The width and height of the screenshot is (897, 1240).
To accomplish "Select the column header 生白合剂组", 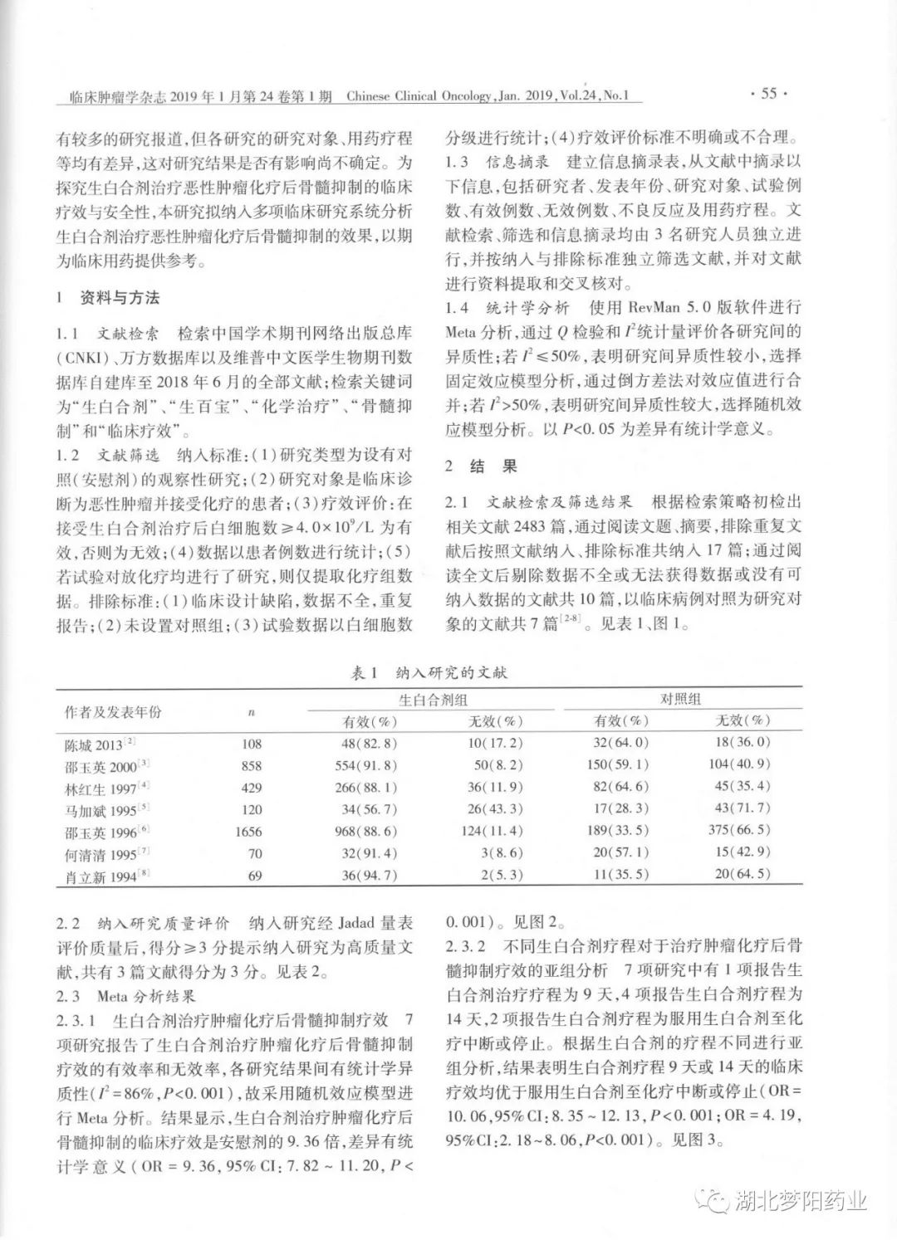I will click(432, 700).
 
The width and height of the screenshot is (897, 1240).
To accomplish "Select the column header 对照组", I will click(680, 700).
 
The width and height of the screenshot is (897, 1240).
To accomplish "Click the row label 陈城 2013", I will click(94, 744).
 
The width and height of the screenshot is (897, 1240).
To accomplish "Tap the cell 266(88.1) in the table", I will click(370, 787).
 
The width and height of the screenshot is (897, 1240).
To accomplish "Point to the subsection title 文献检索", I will click(125, 334).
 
